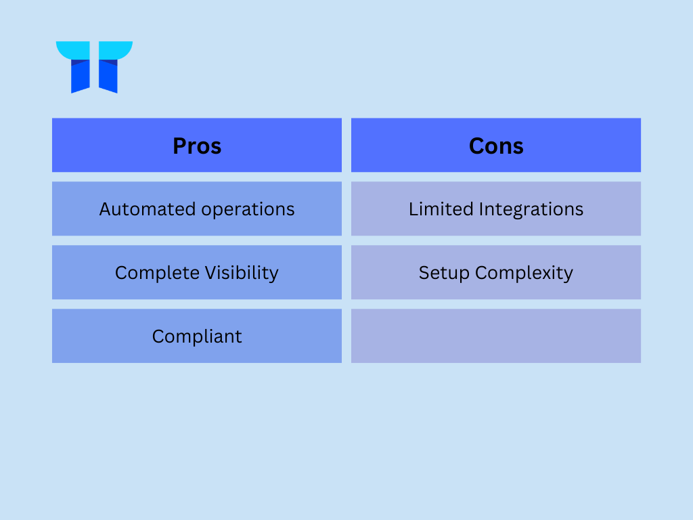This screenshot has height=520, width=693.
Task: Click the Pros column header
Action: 197,145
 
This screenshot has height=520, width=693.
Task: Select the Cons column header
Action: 496,145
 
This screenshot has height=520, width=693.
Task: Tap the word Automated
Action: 147,209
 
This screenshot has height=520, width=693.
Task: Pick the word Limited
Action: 441,209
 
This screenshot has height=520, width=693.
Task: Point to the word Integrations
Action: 531,210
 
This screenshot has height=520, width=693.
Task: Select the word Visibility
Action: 242,274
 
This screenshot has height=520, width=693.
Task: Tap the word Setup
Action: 444,274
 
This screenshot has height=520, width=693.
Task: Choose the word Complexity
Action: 524,274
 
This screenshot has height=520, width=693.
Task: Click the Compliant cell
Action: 197,336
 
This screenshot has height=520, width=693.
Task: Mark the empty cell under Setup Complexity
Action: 496,336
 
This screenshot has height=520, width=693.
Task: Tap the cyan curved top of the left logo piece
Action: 73,50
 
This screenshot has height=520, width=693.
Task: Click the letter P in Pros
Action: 179,146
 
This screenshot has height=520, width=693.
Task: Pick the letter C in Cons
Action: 476,146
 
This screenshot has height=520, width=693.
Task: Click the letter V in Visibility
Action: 211,273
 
